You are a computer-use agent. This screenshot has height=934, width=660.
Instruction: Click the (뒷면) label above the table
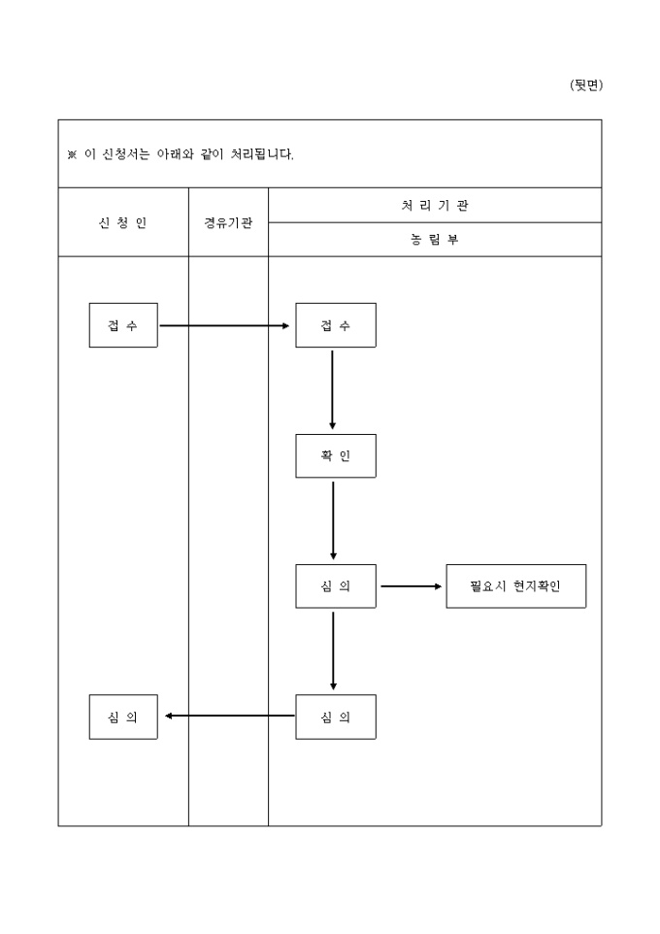(x=585, y=85)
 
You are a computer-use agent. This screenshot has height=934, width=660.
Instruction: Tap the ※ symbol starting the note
(x=72, y=154)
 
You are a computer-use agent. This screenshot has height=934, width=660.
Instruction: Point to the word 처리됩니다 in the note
(x=261, y=154)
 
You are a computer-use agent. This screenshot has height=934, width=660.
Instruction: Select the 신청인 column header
(x=123, y=222)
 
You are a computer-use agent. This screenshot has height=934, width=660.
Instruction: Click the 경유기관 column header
(x=228, y=222)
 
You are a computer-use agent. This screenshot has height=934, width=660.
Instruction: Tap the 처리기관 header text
(x=435, y=205)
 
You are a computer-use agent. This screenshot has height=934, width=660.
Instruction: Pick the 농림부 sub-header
(x=435, y=240)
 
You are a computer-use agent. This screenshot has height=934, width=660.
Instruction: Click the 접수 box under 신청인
(x=123, y=325)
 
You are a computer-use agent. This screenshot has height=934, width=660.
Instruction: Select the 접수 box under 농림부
(x=336, y=325)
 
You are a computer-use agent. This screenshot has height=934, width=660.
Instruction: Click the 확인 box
(x=336, y=455)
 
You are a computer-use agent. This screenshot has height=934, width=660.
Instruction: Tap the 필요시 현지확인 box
(x=515, y=586)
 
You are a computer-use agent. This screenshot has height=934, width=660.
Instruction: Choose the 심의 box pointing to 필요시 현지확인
(x=336, y=586)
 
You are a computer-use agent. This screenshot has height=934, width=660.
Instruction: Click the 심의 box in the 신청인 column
(x=123, y=717)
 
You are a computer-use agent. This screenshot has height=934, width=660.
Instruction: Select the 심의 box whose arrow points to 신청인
(x=336, y=717)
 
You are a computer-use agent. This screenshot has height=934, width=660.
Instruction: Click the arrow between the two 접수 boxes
(x=225, y=325)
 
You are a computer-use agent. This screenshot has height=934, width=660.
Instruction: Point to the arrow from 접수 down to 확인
(x=333, y=389)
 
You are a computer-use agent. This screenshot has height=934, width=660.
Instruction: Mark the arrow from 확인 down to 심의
(x=333, y=520)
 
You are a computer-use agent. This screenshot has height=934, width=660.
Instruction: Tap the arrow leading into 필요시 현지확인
(x=411, y=586)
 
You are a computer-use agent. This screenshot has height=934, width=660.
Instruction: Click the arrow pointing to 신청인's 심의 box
(x=229, y=717)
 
